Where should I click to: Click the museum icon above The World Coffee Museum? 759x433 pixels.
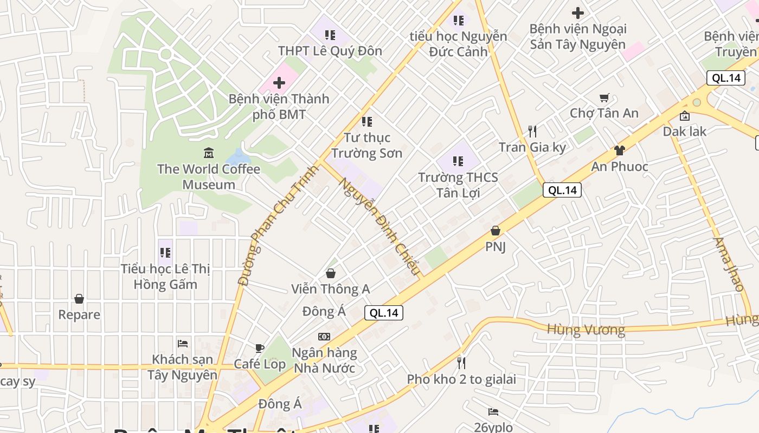[x=209, y=153]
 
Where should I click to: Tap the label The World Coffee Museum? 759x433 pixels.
[x=209, y=177]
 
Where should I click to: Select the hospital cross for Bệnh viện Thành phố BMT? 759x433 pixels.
[x=279, y=83]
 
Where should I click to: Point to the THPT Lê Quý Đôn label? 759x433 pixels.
[x=330, y=51]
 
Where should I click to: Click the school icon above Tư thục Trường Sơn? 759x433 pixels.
[x=367, y=122]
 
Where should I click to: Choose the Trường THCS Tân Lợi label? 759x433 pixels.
[x=458, y=185]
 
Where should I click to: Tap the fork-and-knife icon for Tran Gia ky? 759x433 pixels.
[x=532, y=132]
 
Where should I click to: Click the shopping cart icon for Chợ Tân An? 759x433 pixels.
[x=604, y=98]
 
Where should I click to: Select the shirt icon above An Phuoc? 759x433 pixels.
[x=620, y=150]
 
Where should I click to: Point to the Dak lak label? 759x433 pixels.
[x=685, y=132]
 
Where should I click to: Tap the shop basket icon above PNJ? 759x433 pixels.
[x=495, y=231]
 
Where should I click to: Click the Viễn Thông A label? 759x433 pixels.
[x=331, y=289]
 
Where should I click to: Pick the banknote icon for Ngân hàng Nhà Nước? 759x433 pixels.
[x=324, y=337]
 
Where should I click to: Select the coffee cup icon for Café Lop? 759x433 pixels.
[x=260, y=348]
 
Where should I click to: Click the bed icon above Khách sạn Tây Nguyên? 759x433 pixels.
[x=183, y=343]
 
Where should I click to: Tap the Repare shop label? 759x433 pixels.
[x=79, y=314]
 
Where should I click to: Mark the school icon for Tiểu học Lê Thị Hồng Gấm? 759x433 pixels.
[x=165, y=253]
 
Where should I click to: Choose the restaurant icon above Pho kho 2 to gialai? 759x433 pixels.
[x=461, y=363]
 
